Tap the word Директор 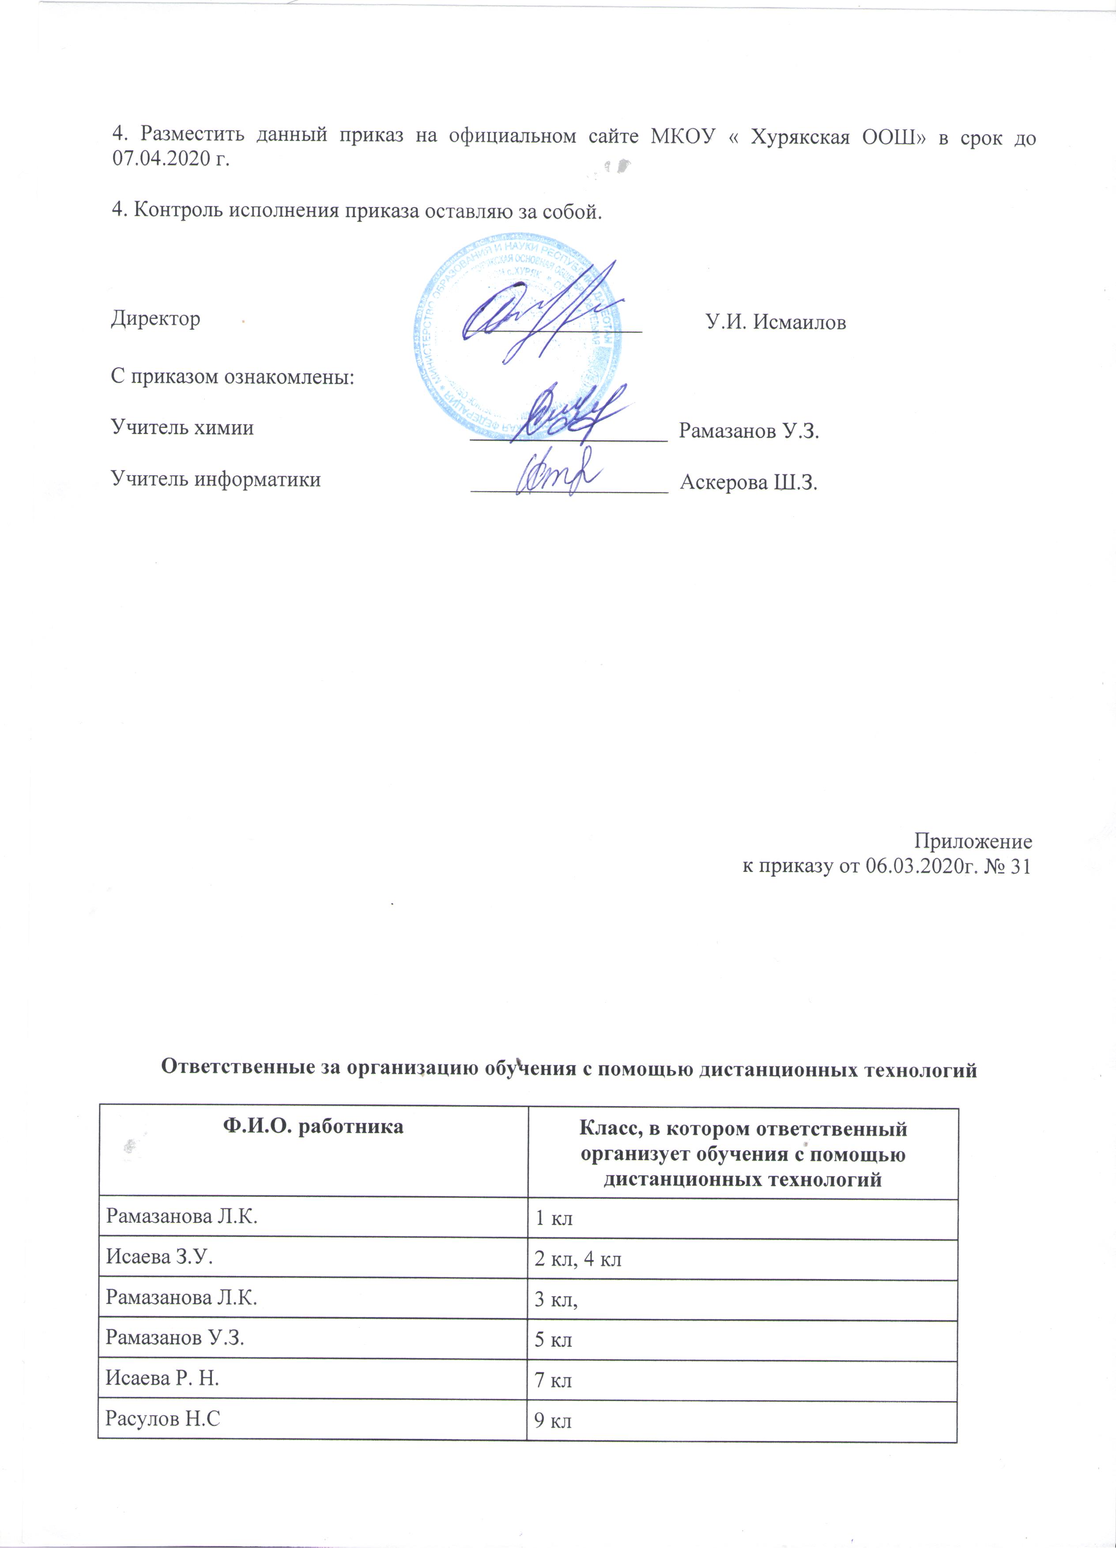[156, 319]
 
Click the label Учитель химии [182, 428]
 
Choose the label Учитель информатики [216, 480]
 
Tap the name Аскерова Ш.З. [749, 483]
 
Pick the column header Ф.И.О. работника [313, 1127]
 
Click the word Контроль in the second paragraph [177, 210]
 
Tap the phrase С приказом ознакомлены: [233, 377]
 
